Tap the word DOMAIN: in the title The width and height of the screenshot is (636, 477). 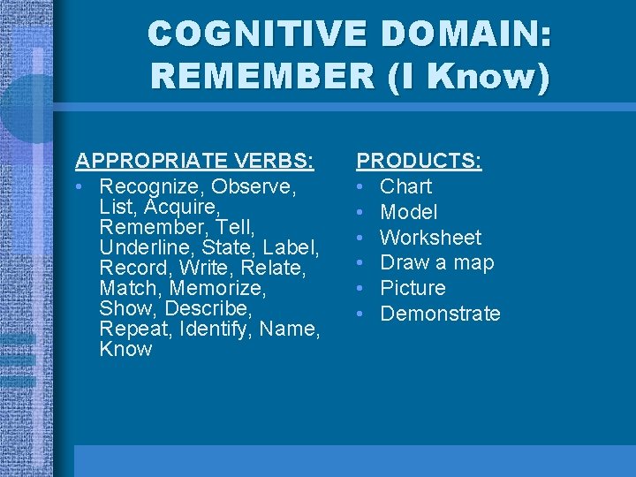pos(466,34)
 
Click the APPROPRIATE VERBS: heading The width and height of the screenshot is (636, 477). pos(194,161)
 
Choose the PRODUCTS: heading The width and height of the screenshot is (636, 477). pos(419,161)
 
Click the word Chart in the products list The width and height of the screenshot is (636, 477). pos(405,186)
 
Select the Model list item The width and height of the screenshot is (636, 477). pos(408,212)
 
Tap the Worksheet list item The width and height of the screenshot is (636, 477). pos(430,238)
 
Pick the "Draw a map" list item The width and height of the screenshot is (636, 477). pos(436,262)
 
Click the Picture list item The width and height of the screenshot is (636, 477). pos(413,288)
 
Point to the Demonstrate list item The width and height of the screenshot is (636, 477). pos(440,314)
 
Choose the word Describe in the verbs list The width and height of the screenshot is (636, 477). pos(209,309)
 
